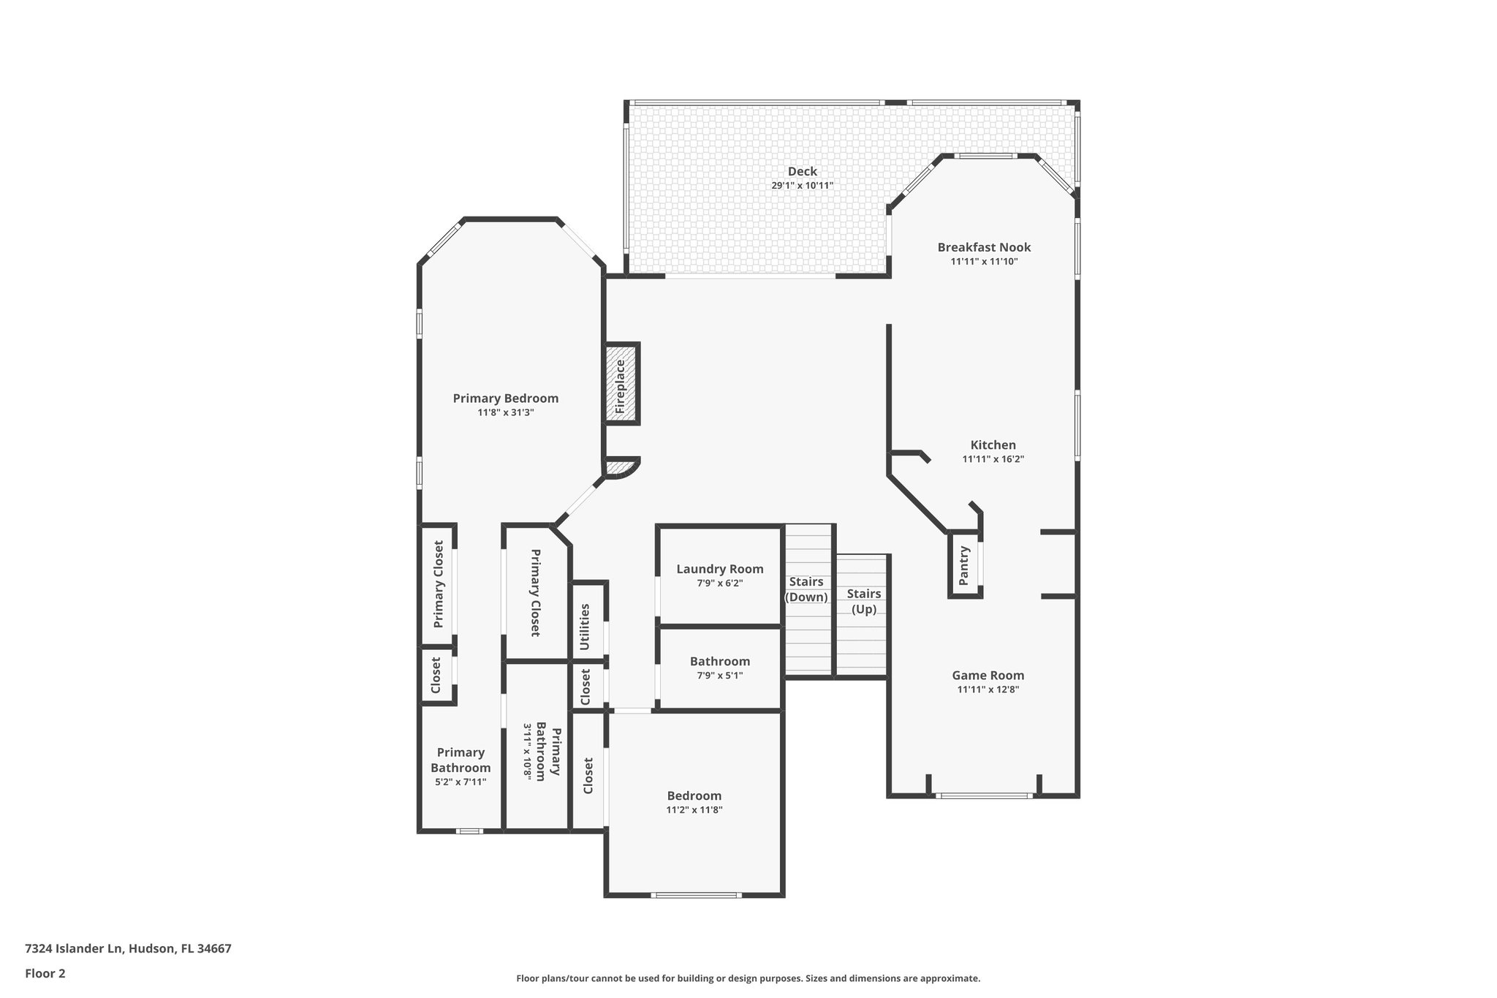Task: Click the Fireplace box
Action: [x=621, y=384]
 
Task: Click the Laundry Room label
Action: [x=720, y=569]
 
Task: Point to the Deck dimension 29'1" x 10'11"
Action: [x=802, y=186]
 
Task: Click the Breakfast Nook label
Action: [x=984, y=247]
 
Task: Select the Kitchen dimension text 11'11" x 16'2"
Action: [x=993, y=459]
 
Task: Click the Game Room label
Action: [x=988, y=676]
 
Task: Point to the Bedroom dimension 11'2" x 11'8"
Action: [x=694, y=810]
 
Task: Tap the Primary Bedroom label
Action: [x=505, y=398]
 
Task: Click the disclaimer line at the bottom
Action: [x=748, y=978]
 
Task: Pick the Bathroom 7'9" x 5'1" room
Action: [x=720, y=668]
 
